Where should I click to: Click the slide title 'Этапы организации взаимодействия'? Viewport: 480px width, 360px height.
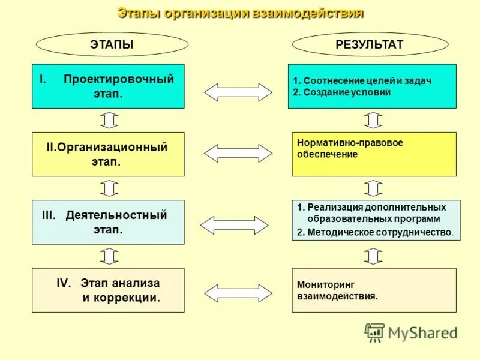[240, 13]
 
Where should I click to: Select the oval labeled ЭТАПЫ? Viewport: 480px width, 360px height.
[112, 44]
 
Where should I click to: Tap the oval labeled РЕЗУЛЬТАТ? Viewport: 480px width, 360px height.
[370, 44]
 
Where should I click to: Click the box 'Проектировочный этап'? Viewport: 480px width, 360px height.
[108, 86]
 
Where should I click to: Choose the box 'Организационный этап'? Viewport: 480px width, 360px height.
[108, 154]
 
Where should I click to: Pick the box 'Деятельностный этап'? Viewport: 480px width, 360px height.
[108, 222]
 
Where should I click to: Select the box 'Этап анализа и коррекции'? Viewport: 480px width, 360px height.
[108, 290]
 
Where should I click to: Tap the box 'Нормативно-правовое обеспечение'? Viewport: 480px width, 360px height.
[374, 154]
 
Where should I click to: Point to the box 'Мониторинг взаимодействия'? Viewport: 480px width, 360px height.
[374, 290]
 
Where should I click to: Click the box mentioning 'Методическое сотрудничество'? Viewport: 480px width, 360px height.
[376, 220]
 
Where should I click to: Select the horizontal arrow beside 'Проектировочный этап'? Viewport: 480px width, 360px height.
[238, 92]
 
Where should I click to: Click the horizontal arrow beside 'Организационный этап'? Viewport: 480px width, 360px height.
[238, 154]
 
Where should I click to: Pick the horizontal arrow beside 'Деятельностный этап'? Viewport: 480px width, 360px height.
[234, 225]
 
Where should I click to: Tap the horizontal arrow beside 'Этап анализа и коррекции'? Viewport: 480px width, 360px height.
[238, 292]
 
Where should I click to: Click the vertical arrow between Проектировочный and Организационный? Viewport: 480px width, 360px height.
[109, 121]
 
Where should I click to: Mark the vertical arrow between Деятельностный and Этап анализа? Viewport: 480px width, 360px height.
[109, 256]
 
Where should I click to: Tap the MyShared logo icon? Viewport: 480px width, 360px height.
[375, 332]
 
